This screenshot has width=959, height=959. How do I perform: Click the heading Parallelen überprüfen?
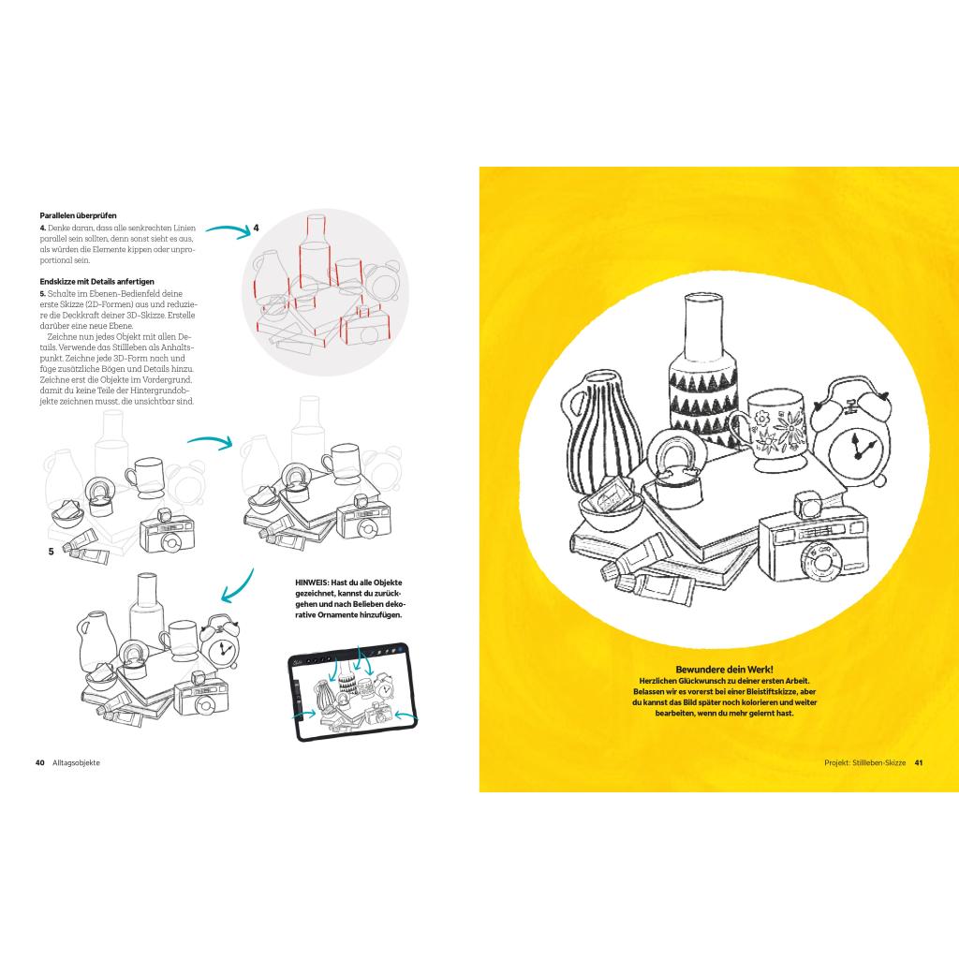point(77,214)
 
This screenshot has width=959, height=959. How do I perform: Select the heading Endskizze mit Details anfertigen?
point(96,281)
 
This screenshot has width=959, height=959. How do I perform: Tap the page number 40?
point(40,762)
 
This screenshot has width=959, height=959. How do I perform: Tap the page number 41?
point(919,762)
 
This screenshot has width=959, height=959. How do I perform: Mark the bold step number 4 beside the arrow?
point(257,228)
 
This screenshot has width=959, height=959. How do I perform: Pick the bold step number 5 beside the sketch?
point(51,552)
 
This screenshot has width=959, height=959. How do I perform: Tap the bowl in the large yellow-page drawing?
point(611,511)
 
